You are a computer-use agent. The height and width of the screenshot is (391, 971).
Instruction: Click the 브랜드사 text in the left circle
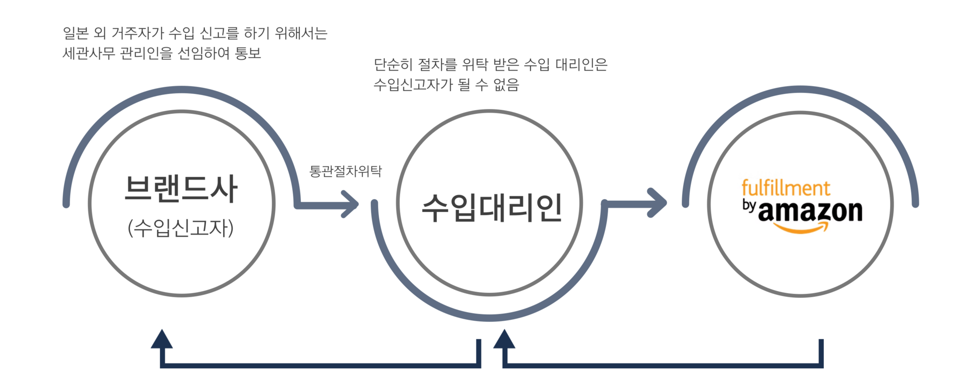pos(181,189)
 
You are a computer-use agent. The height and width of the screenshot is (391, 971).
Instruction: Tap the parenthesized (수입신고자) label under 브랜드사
pos(181,229)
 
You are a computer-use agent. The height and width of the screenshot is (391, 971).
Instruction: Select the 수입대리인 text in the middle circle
pos(492,207)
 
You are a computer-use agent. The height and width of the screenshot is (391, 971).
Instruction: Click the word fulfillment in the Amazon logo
pos(785,188)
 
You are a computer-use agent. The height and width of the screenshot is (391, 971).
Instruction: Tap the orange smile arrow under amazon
pos(802,228)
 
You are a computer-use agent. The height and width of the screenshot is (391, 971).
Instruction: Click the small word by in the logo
pos(748,206)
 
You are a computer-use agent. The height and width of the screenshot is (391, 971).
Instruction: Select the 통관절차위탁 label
pos(346,171)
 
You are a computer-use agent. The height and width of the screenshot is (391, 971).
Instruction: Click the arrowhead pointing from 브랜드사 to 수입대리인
pos(350,204)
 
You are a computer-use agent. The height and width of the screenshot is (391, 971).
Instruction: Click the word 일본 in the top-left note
pos(75,33)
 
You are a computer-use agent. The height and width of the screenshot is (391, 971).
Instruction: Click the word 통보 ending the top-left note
pos(248,53)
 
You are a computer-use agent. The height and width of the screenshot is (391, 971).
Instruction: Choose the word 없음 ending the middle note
pos(506,84)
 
